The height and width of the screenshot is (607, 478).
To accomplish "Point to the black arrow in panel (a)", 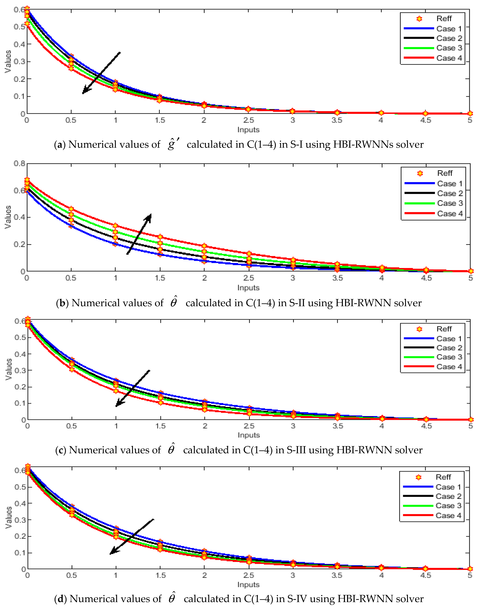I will [x=101, y=73].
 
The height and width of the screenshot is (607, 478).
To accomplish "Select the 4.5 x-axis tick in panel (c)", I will [x=426, y=426].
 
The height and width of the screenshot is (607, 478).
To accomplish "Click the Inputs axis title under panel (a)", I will [x=248, y=130].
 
